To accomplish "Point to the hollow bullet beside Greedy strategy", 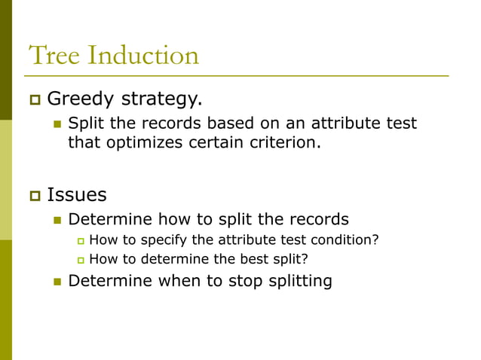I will click(x=34, y=99).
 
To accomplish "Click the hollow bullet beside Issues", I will click(x=34, y=196).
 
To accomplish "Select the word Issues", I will click(x=77, y=195).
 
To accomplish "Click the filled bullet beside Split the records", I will click(x=56, y=124).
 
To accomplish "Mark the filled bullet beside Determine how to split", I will click(x=56, y=220).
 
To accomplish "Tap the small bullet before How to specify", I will click(x=81, y=240).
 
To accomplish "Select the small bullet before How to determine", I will click(x=81, y=260).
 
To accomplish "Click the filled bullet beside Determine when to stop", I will click(x=56, y=282).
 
